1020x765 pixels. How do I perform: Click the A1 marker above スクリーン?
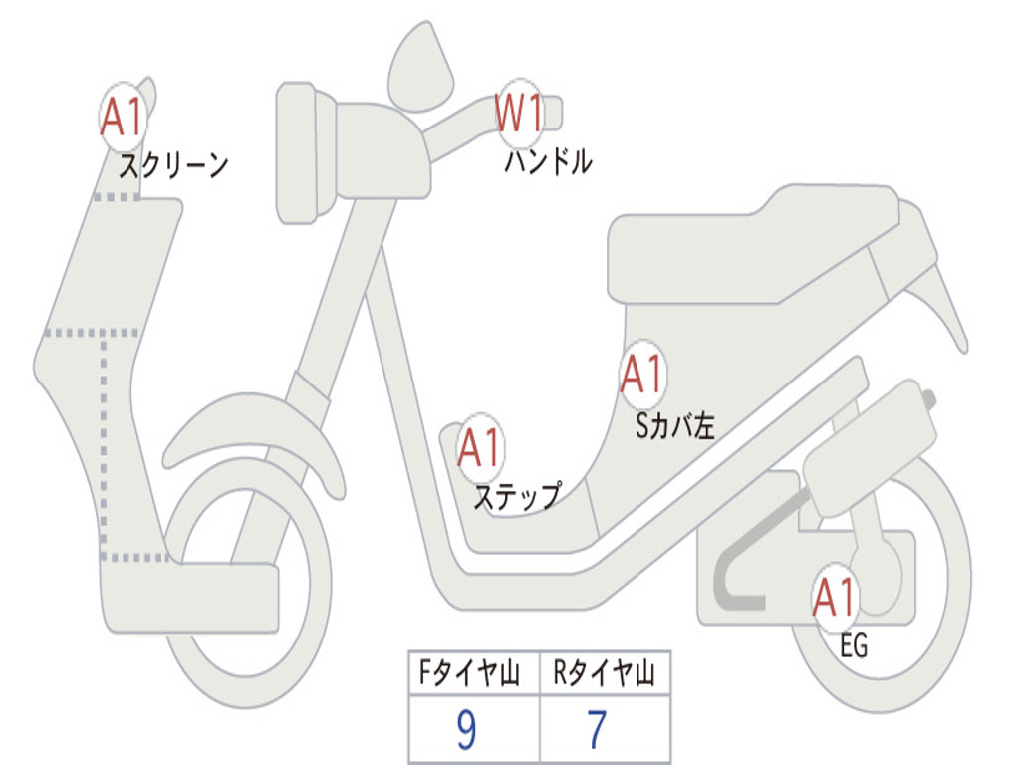click(124, 118)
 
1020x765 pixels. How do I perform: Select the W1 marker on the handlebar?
click(520, 113)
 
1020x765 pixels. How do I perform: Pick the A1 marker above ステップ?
click(480, 448)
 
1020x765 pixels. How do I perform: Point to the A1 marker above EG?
click(835, 598)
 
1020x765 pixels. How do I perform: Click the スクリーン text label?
click(173, 165)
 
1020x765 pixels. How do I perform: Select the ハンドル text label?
click(548, 161)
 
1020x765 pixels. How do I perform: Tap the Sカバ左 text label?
click(675, 426)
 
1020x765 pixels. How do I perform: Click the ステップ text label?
click(517, 495)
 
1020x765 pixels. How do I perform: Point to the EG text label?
click(854, 646)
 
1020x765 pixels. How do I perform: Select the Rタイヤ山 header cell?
click(605, 675)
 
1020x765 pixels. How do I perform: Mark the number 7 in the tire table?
click(597, 731)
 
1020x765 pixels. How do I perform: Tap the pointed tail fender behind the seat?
click(941, 299)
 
